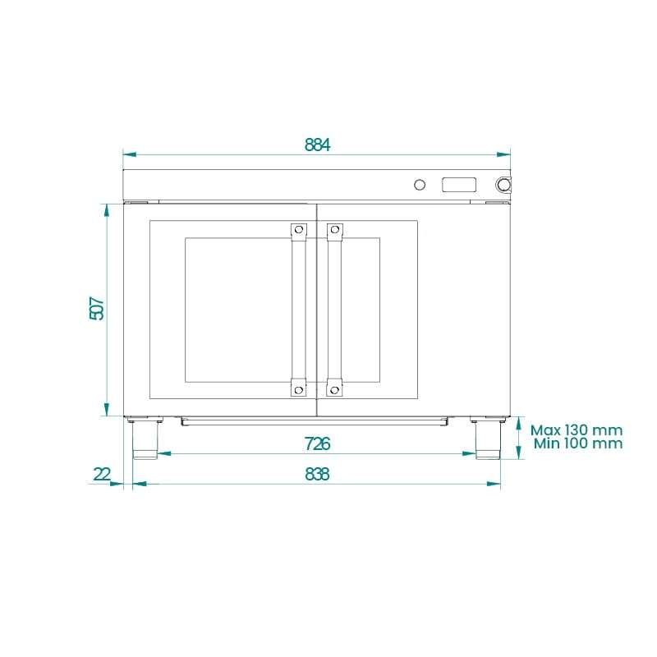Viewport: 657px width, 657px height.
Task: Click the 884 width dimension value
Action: (317, 145)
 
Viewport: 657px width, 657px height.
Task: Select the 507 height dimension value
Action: (97, 309)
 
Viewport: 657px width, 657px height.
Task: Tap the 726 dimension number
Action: (317, 444)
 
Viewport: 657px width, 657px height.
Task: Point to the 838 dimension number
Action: (317, 475)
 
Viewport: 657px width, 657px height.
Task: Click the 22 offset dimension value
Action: (102, 475)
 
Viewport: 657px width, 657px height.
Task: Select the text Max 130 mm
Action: (576, 430)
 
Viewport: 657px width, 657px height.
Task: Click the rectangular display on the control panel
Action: (459, 184)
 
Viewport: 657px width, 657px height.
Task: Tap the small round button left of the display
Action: (420, 184)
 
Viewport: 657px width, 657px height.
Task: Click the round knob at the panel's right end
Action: (503, 184)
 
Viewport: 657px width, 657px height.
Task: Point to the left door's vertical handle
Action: (298, 309)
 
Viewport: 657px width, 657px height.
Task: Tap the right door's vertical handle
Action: (334, 309)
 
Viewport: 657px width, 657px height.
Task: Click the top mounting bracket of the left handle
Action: (298, 232)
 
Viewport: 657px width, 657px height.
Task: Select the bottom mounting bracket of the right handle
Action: (334, 387)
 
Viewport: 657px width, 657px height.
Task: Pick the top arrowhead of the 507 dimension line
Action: (106, 208)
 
